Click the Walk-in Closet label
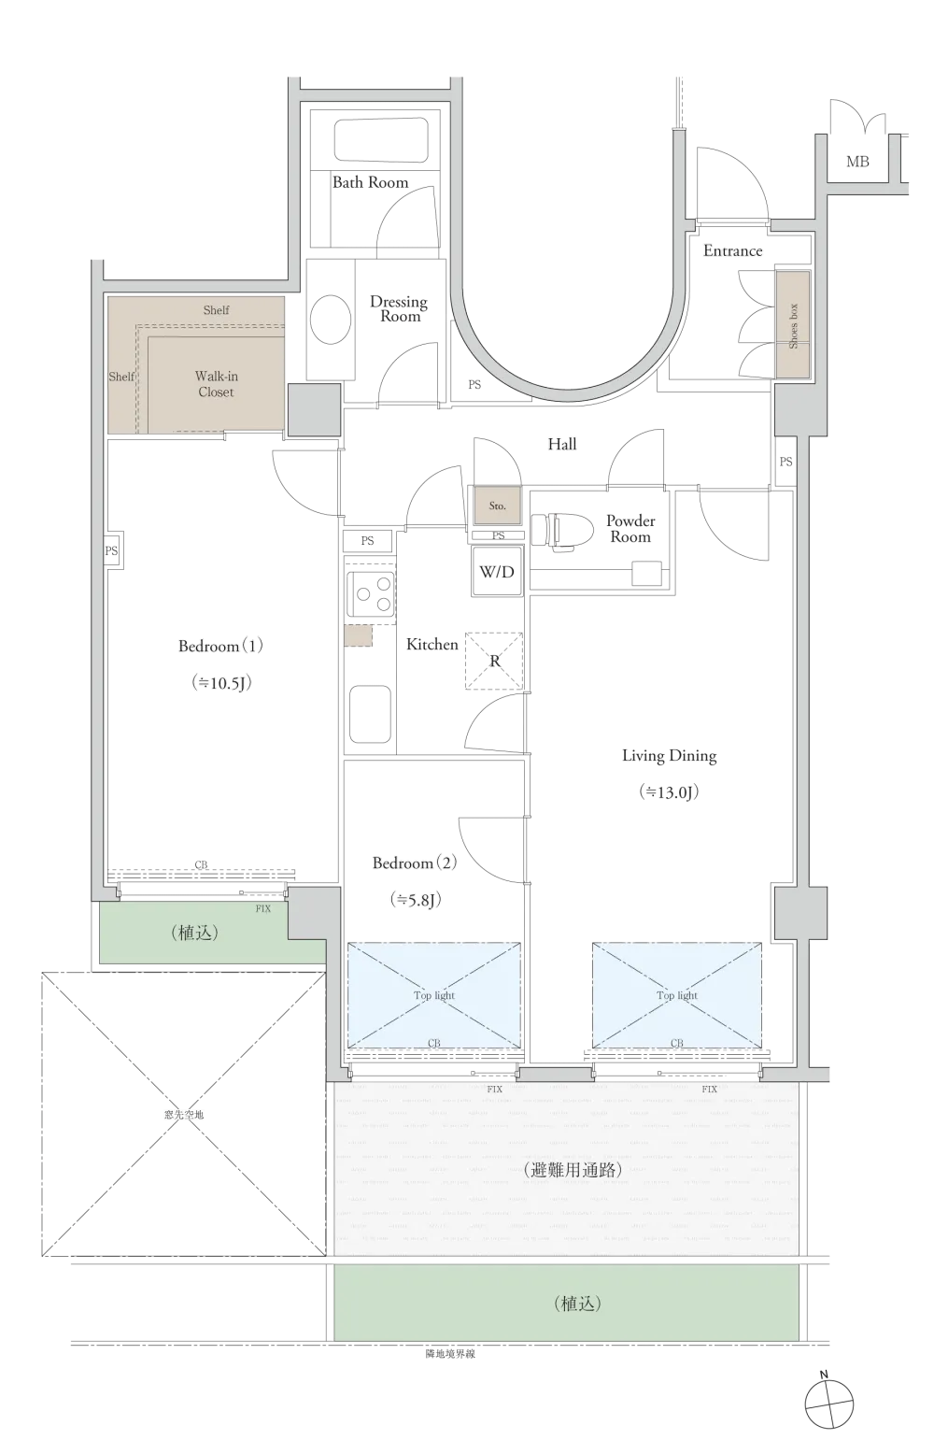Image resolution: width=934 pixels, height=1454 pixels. [x=216, y=384]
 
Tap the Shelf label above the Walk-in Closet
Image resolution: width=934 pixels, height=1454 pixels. [x=216, y=310]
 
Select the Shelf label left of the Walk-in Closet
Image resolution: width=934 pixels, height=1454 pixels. [x=121, y=377]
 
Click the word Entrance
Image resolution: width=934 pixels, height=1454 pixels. [x=733, y=250]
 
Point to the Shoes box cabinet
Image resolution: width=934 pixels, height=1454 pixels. [x=792, y=325]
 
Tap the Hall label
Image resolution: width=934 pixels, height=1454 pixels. [x=563, y=445]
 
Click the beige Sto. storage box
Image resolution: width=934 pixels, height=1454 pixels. [x=497, y=506]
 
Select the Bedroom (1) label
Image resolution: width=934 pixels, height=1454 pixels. [x=222, y=646]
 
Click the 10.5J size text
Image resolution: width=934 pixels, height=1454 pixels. [x=221, y=683]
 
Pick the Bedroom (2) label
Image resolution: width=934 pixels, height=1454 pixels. [x=416, y=863]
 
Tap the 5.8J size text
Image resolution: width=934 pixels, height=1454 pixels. [x=415, y=900]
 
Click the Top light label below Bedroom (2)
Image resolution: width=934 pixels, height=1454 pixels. [x=434, y=995]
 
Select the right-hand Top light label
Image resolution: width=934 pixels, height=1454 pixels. [x=677, y=995]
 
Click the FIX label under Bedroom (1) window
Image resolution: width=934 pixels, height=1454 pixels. [x=263, y=908]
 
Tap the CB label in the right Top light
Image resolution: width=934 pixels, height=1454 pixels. [x=677, y=1043]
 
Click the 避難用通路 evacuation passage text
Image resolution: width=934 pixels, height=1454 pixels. [x=572, y=1169]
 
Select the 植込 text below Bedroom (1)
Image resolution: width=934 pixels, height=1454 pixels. [x=194, y=932]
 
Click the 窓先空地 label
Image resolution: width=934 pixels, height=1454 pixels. [x=183, y=1114]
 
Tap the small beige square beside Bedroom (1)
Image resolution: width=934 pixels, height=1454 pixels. [x=358, y=635]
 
